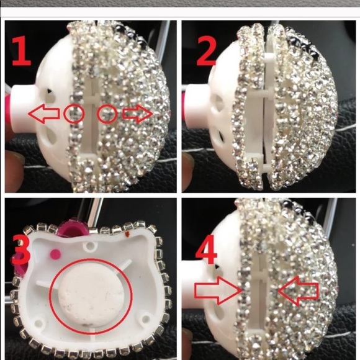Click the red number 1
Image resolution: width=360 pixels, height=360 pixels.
(23, 52)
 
